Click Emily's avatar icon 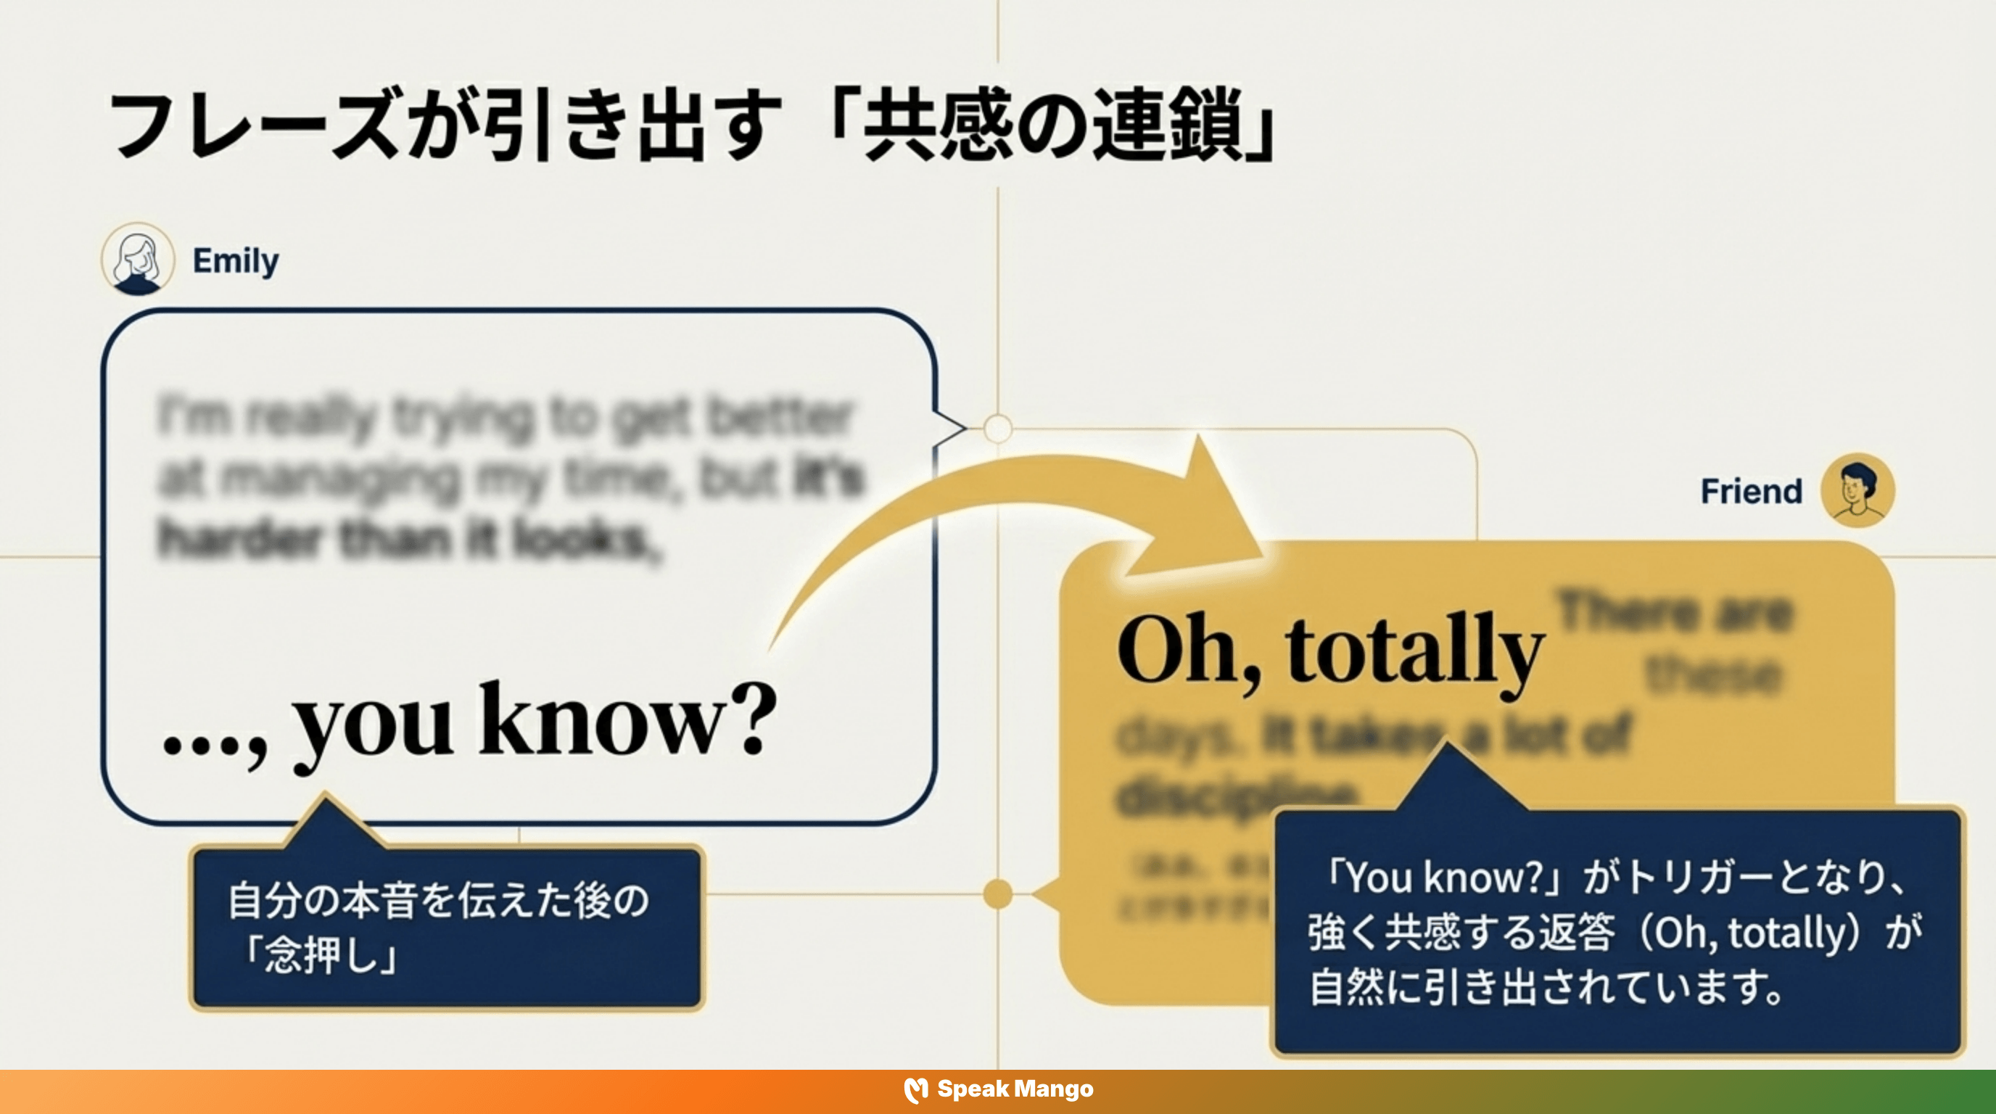[x=138, y=260]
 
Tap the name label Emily [x=236, y=261]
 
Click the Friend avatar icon [x=1857, y=490]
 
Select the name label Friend [x=1751, y=491]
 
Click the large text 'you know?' [x=535, y=722]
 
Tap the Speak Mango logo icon [x=916, y=1089]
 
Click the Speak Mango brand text [x=1015, y=1089]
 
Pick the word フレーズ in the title [x=256, y=125]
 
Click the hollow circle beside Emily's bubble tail [x=998, y=429]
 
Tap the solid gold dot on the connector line [x=998, y=894]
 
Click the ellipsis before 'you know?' [x=203, y=746]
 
